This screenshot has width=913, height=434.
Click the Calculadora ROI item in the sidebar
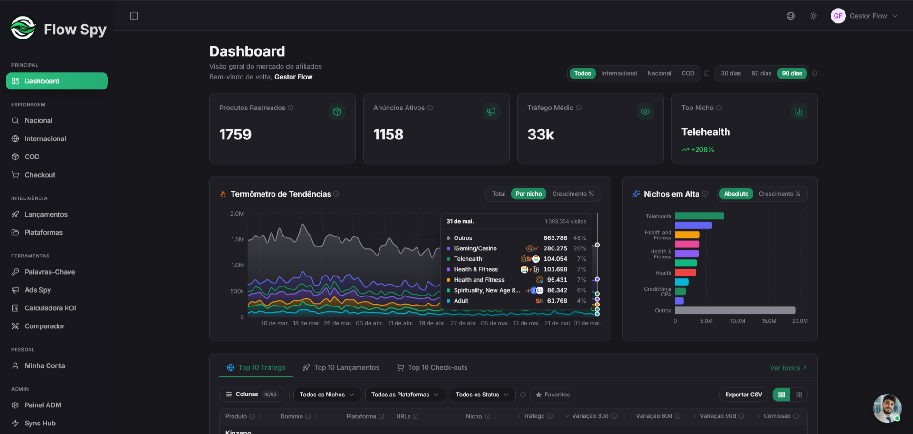[50, 308]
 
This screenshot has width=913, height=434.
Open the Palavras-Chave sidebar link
[49, 272]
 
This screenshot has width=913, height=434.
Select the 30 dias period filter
[731, 73]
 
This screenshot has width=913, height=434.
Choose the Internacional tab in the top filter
[619, 73]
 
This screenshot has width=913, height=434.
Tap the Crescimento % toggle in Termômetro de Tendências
[573, 194]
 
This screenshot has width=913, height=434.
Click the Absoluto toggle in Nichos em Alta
[736, 194]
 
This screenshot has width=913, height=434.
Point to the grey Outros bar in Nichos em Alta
[735, 310]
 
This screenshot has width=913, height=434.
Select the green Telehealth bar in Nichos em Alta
[699, 216]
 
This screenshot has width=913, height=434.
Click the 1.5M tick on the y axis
[237, 239]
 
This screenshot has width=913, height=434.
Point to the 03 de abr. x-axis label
[369, 323]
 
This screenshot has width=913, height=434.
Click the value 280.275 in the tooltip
[555, 248]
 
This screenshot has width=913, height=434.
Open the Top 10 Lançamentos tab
[341, 367]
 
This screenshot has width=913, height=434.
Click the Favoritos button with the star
[553, 395]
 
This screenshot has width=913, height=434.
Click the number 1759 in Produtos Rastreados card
[235, 135]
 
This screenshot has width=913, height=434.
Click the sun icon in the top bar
[814, 16]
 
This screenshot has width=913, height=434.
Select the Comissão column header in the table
[777, 416]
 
